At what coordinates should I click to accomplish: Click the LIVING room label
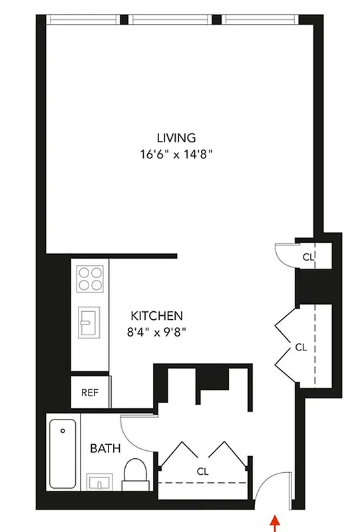pos(176,138)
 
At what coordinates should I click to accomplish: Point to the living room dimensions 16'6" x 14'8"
pos(176,154)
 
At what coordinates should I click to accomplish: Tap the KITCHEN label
pos(156,316)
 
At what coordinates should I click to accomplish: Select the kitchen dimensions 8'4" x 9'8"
pos(156,332)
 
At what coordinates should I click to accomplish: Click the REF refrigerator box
pos(90,392)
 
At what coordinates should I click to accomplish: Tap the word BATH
pos(106,449)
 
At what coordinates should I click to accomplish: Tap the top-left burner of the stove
pos(83,272)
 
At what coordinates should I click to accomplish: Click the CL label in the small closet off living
pos(307,256)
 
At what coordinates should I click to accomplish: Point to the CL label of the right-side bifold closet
pos(301,347)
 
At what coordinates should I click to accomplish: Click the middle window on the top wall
pos(174,19)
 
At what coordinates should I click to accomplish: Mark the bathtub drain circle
pos(63,430)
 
